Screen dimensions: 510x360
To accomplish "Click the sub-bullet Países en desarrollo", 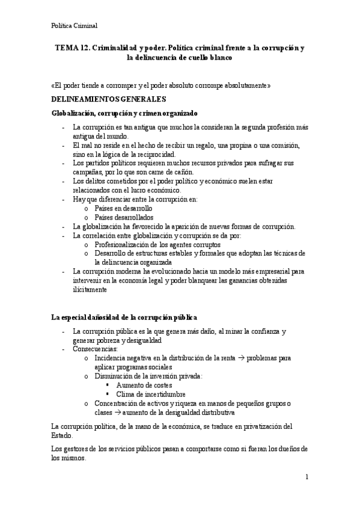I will click(x=123, y=208).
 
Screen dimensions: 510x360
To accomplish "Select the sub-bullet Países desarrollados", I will click(x=124, y=217).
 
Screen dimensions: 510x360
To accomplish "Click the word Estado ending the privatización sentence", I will click(x=62, y=435).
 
